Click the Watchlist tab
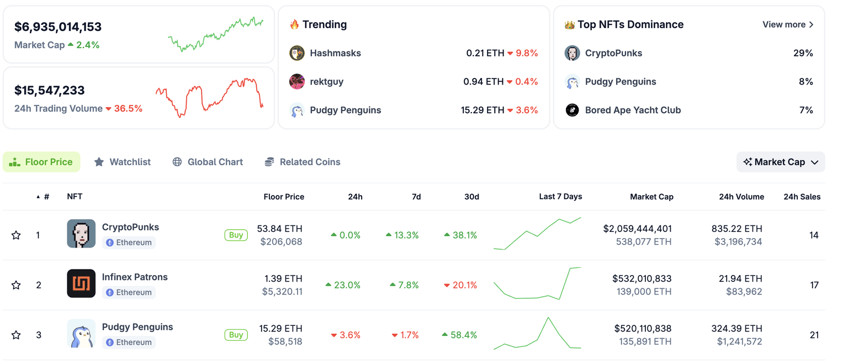tap(123, 162)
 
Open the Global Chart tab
tap(208, 162)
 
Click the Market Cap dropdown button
tap(781, 162)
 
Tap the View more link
tap(788, 24)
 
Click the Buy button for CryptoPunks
tap(236, 235)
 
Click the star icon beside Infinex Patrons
tap(16, 285)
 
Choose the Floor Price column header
tap(284, 197)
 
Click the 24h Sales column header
tap(802, 197)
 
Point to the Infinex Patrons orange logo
tap(81, 283)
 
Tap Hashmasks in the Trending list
tap(335, 53)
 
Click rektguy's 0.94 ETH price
tap(483, 82)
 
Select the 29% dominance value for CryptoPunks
tap(803, 53)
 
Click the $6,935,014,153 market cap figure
tap(58, 27)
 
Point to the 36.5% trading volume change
tap(128, 108)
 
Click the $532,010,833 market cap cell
tap(642, 278)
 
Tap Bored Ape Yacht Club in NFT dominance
tap(633, 110)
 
